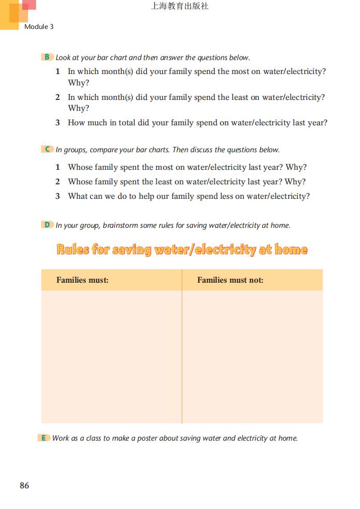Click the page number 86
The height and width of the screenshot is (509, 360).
24,486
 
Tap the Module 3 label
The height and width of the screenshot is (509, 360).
39,26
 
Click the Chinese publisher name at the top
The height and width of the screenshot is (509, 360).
180,7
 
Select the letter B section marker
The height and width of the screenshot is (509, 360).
47,57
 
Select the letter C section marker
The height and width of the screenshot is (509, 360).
47,150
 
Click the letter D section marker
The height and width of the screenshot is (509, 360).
47,225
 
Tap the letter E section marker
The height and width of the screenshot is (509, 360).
44,438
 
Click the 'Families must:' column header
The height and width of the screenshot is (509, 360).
82,280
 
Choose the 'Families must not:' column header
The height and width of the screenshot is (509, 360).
230,280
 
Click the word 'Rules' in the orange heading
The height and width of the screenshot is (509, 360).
73,250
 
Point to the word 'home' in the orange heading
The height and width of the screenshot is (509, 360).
291,250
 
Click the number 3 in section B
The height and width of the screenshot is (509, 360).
57,123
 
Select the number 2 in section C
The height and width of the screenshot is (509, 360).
57,182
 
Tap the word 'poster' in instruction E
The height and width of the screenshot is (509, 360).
146,438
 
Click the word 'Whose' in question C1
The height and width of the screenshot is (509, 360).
80,167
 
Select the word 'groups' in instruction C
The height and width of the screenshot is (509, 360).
75,150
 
